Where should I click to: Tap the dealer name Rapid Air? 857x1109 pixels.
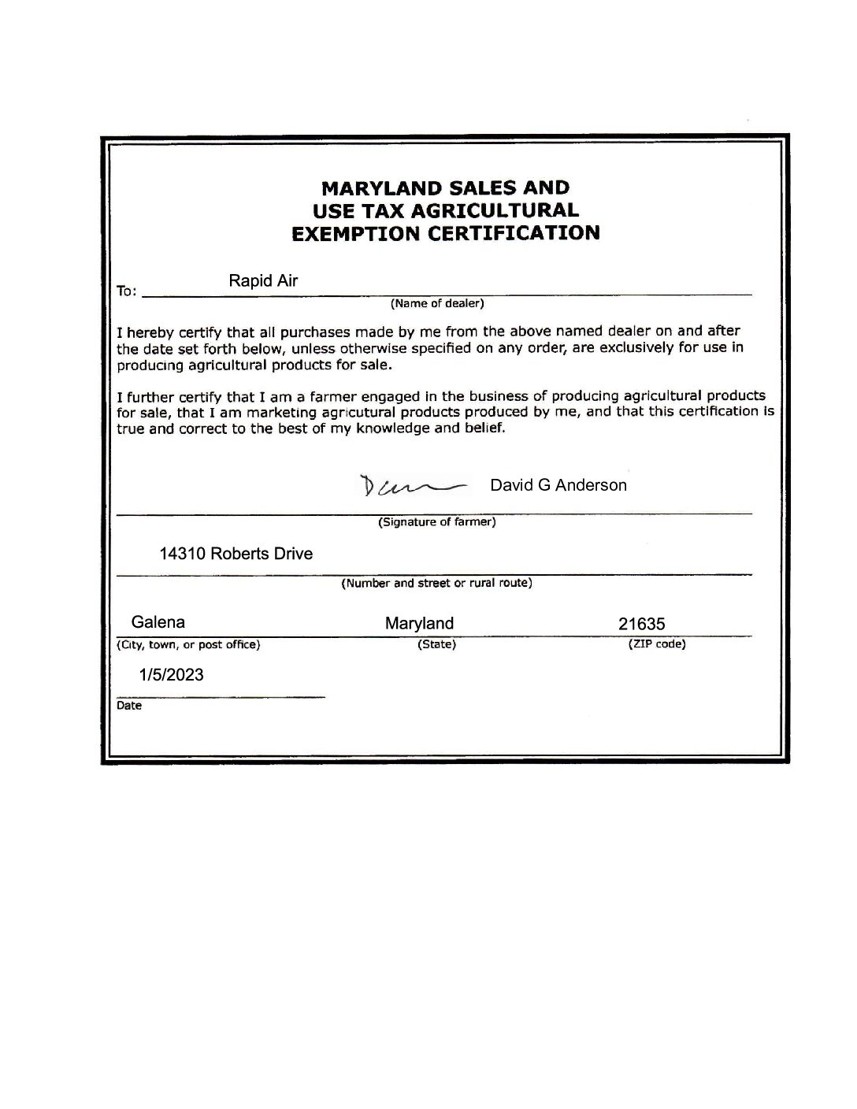[x=263, y=280]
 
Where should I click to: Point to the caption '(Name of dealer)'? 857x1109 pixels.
[x=437, y=303]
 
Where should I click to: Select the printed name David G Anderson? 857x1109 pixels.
[x=558, y=485]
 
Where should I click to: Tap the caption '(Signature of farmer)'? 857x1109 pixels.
[x=437, y=522]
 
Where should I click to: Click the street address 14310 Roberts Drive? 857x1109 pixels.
[x=236, y=554]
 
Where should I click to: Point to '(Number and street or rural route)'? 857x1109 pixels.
[x=436, y=584]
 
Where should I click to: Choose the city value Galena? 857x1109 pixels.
[x=158, y=622]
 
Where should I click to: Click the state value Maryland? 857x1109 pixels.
[x=419, y=624]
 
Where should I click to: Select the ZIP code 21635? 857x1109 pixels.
[x=641, y=625]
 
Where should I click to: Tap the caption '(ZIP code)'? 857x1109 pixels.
[x=656, y=644]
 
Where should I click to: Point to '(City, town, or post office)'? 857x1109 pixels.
[x=188, y=645]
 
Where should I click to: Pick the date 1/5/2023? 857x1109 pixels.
[x=171, y=675]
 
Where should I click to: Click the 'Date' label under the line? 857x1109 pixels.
[x=129, y=706]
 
